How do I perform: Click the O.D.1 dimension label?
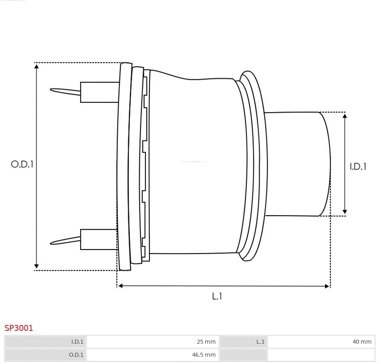22,164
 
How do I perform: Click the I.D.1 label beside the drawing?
358,167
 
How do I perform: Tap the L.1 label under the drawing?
217,296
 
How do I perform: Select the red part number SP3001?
19,328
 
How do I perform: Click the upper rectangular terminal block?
99,92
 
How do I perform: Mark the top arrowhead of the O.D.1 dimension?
36,67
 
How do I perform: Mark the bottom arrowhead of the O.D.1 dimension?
36,266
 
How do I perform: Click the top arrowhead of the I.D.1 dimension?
345,116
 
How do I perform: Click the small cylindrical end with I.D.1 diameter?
298,164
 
